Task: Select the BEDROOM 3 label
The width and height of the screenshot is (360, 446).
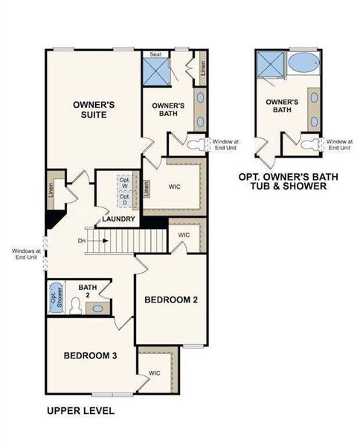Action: [x=90, y=356]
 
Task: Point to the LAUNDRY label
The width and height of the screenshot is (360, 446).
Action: [x=119, y=219]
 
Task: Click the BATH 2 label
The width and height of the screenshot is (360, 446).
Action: [x=88, y=290]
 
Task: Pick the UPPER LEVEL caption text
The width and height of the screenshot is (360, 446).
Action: [x=80, y=410]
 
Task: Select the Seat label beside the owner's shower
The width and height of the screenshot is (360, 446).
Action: [x=156, y=54]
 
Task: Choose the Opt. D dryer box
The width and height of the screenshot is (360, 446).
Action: [x=125, y=200]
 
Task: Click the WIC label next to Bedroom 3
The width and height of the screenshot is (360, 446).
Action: [x=155, y=372]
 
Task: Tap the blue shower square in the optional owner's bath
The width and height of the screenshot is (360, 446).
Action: [x=268, y=65]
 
